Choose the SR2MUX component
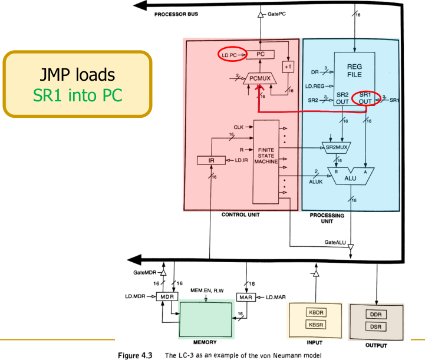coord(334,145)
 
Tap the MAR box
coord(247,297)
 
